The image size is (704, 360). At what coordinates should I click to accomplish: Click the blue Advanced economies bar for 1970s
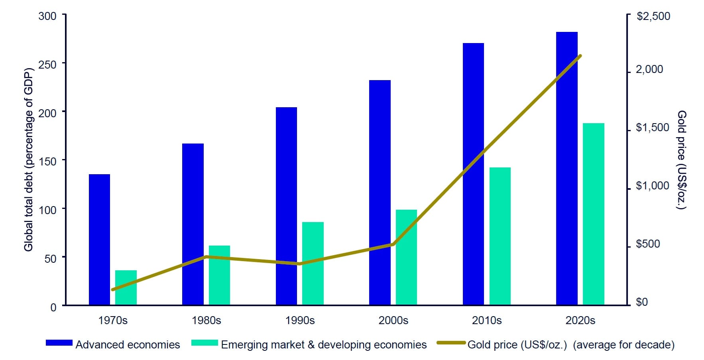[x=99, y=239]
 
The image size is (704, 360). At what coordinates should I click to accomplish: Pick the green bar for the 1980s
[x=219, y=275]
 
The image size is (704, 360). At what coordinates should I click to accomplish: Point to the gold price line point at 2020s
[x=580, y=56]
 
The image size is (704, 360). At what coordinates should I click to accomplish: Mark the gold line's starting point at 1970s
[x=113, y=289]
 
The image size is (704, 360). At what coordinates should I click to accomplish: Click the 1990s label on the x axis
[x=300, y=321]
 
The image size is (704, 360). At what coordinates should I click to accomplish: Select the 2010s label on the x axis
[x=487, y=321]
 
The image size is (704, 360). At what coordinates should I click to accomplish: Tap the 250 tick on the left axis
[x=47, y=64]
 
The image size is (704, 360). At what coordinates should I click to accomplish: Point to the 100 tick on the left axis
[x=47, y=210]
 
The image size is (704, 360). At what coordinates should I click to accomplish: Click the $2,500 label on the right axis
[x=653, y=16]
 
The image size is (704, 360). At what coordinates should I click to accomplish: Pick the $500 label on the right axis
[x=648, y=244]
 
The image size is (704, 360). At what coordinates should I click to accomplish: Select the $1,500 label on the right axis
[x=652, y=128]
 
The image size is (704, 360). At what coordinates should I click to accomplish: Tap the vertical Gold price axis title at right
[x=682, y=159]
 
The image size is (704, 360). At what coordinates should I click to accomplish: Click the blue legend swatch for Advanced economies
[x=59, y=343]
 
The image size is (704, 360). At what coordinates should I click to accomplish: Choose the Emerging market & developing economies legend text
[x=324, y=345]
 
